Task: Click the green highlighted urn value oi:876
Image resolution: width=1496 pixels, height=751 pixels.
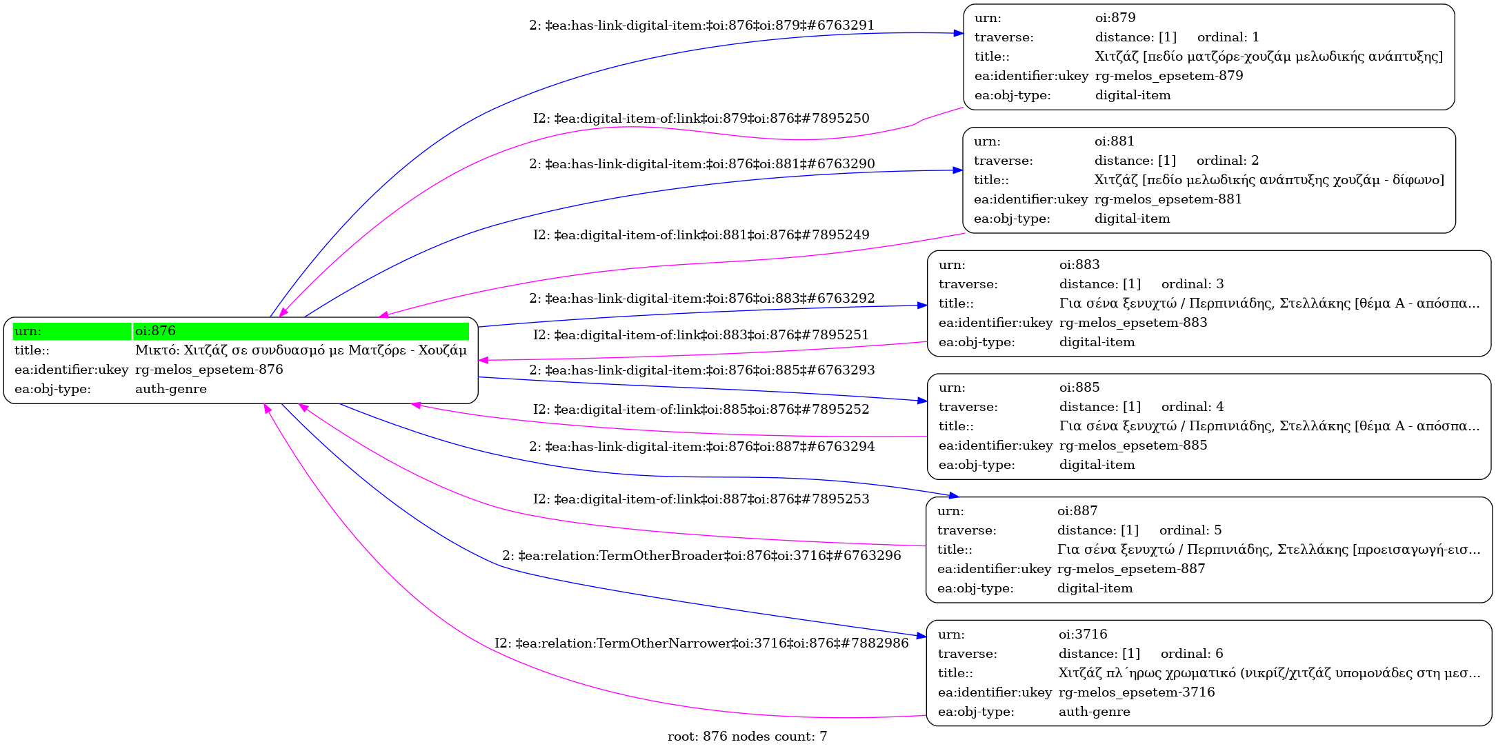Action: [155, 331]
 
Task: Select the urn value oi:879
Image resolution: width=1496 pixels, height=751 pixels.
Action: [1115, 18]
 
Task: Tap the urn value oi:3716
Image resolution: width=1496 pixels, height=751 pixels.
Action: [1083, 634]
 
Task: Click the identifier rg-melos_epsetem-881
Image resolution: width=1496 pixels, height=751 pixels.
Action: [1168, 199]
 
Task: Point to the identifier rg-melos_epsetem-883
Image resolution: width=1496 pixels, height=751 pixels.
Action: [1133, 323]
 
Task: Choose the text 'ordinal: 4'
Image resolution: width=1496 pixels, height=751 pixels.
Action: [1193, 407]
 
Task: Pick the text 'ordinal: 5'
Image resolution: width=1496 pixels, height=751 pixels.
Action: [1190, 530]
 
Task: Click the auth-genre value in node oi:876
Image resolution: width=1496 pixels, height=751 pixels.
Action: [171, 389]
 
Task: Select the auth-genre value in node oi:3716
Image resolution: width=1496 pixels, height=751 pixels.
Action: [1094, 712]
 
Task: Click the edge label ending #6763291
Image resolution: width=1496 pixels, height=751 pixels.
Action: [701, 26]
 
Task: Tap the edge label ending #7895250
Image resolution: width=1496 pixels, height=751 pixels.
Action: [701, 119]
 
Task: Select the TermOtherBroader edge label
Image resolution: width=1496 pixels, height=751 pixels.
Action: [701, 556]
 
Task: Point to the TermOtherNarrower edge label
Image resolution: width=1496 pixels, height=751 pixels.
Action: [701, 643]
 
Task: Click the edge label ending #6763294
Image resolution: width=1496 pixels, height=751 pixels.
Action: [701, 447]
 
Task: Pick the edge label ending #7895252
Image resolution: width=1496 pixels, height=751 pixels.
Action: [701, 410]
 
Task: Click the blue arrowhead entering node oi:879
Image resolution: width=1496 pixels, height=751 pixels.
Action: [958, 33]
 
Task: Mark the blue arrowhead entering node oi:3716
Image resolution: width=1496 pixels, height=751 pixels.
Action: [921, 636]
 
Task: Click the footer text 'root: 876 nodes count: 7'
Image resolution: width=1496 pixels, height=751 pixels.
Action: [747, 737]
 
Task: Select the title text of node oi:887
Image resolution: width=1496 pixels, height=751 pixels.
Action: [1268, 550]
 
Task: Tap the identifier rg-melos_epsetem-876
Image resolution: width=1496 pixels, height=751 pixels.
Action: [209, 370]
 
